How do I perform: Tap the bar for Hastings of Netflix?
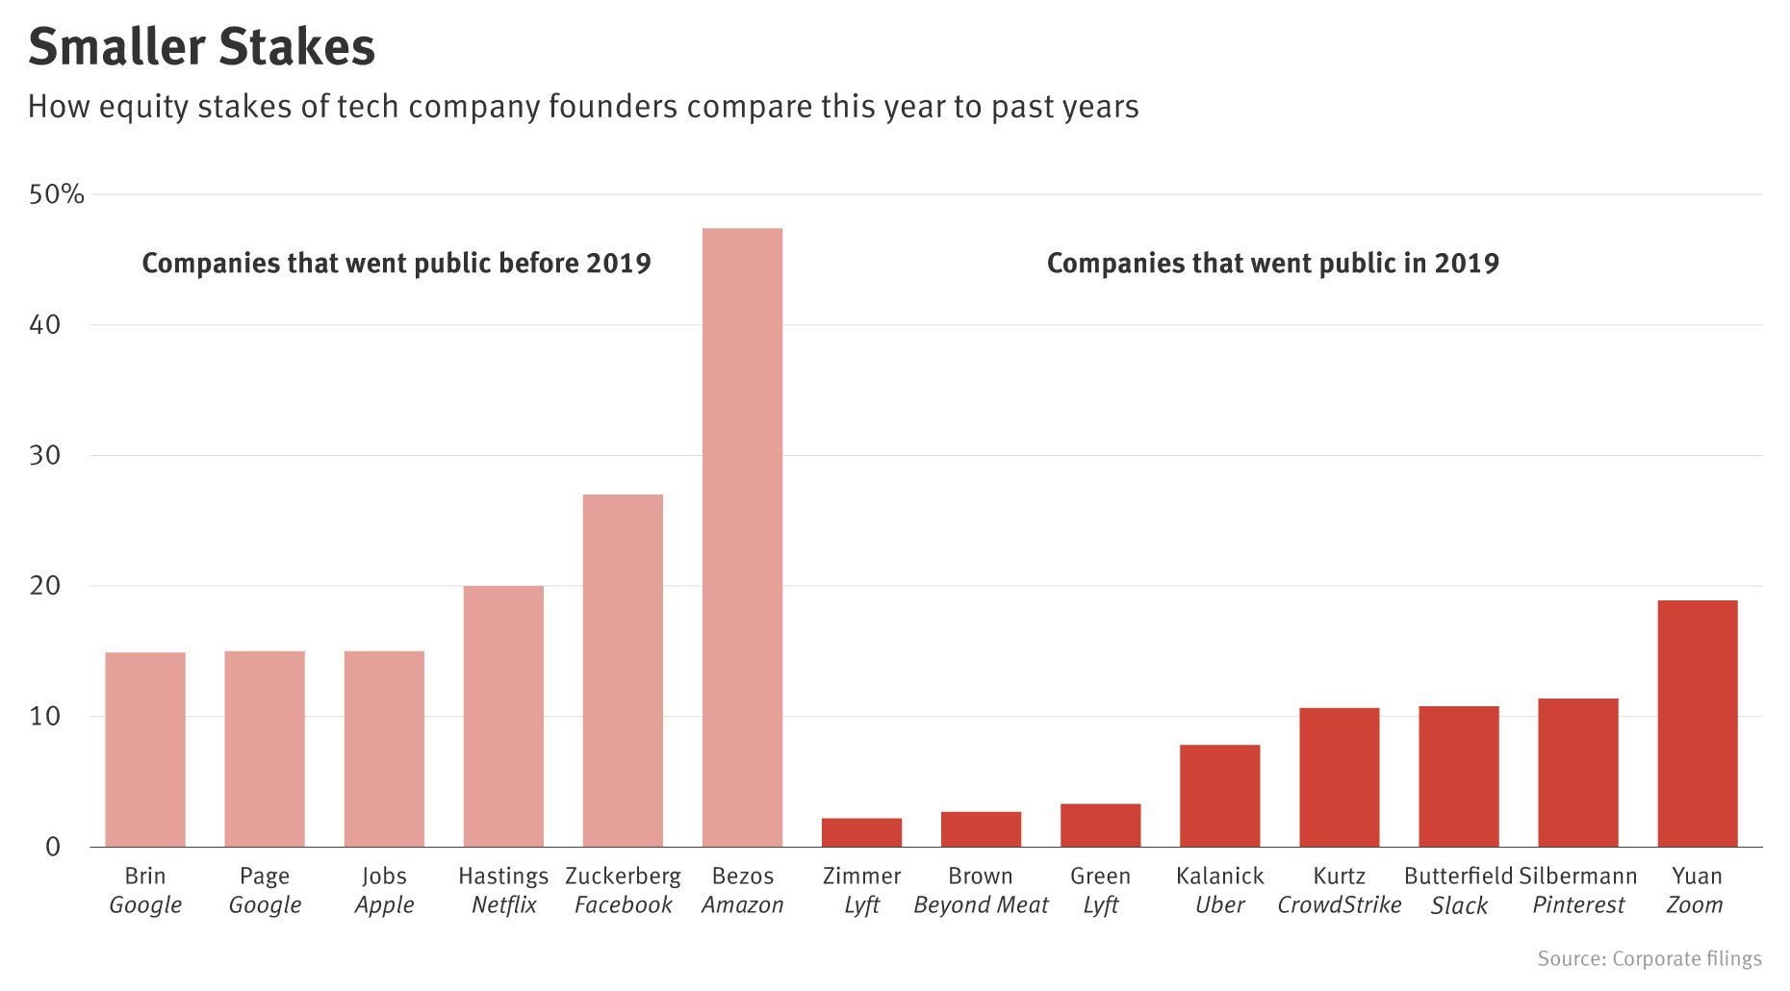(x=503, y=716)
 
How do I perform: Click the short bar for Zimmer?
(x=861, y=832)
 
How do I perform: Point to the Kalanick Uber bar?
(x=1219, y=796)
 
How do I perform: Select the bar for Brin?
(x=145, y=750)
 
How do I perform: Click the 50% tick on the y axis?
(x=57, y=195)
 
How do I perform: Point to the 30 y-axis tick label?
(x=45, y=455)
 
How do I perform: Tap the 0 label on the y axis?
(x=52, y=847)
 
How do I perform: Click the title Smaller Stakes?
(x=201, y=47)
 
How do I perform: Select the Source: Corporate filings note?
(x=1649, y=958)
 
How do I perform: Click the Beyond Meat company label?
(x=981, y=905)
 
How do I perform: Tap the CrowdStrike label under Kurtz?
(x=1339, y=905)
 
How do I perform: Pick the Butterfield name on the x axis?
(x=1458, y=876)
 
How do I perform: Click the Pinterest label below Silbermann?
(x=1578, y=905)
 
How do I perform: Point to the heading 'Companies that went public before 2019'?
(x=396, y=264)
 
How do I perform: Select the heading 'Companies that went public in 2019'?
(x=1272, y=264)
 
